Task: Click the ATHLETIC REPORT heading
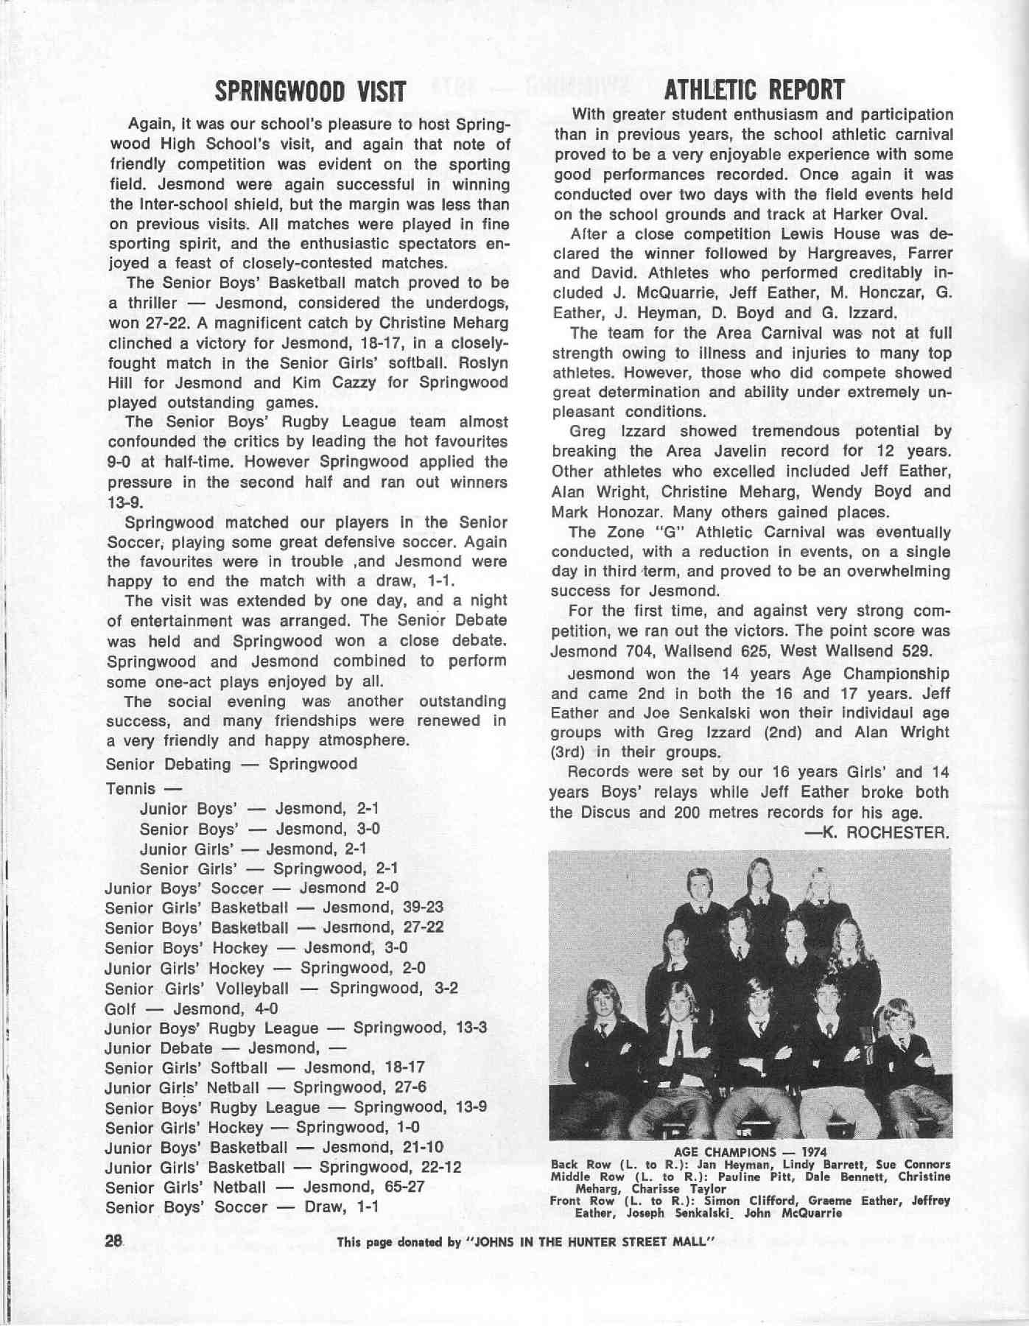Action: coord(753,91)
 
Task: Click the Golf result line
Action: coord(192,1008)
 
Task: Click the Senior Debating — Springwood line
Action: coord(231,764)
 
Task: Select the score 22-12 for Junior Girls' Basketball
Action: coord(435,1167)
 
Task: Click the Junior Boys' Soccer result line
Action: coord(251,888)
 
